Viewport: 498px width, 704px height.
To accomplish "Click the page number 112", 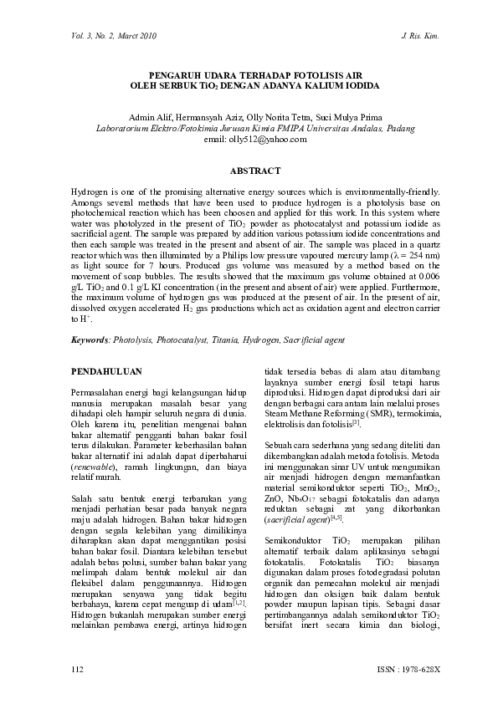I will coord(78,671).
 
